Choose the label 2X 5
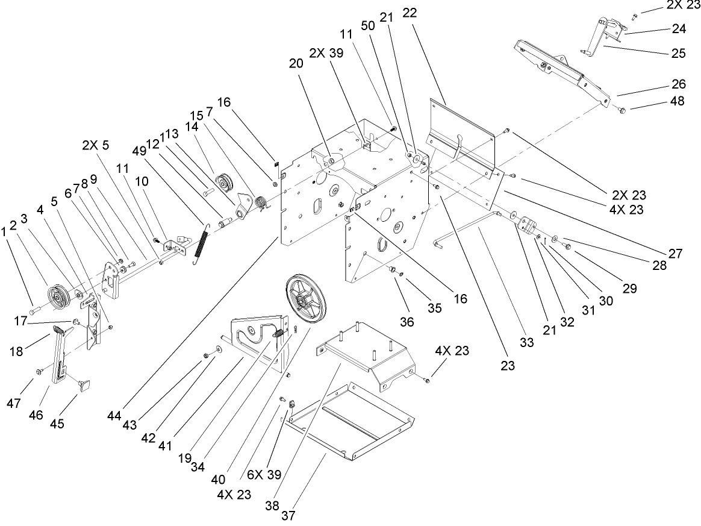point(97,145)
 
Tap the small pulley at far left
point(59,295)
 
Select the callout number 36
point(408,323)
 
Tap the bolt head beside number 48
point(622,110)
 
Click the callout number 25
point(678,52)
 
